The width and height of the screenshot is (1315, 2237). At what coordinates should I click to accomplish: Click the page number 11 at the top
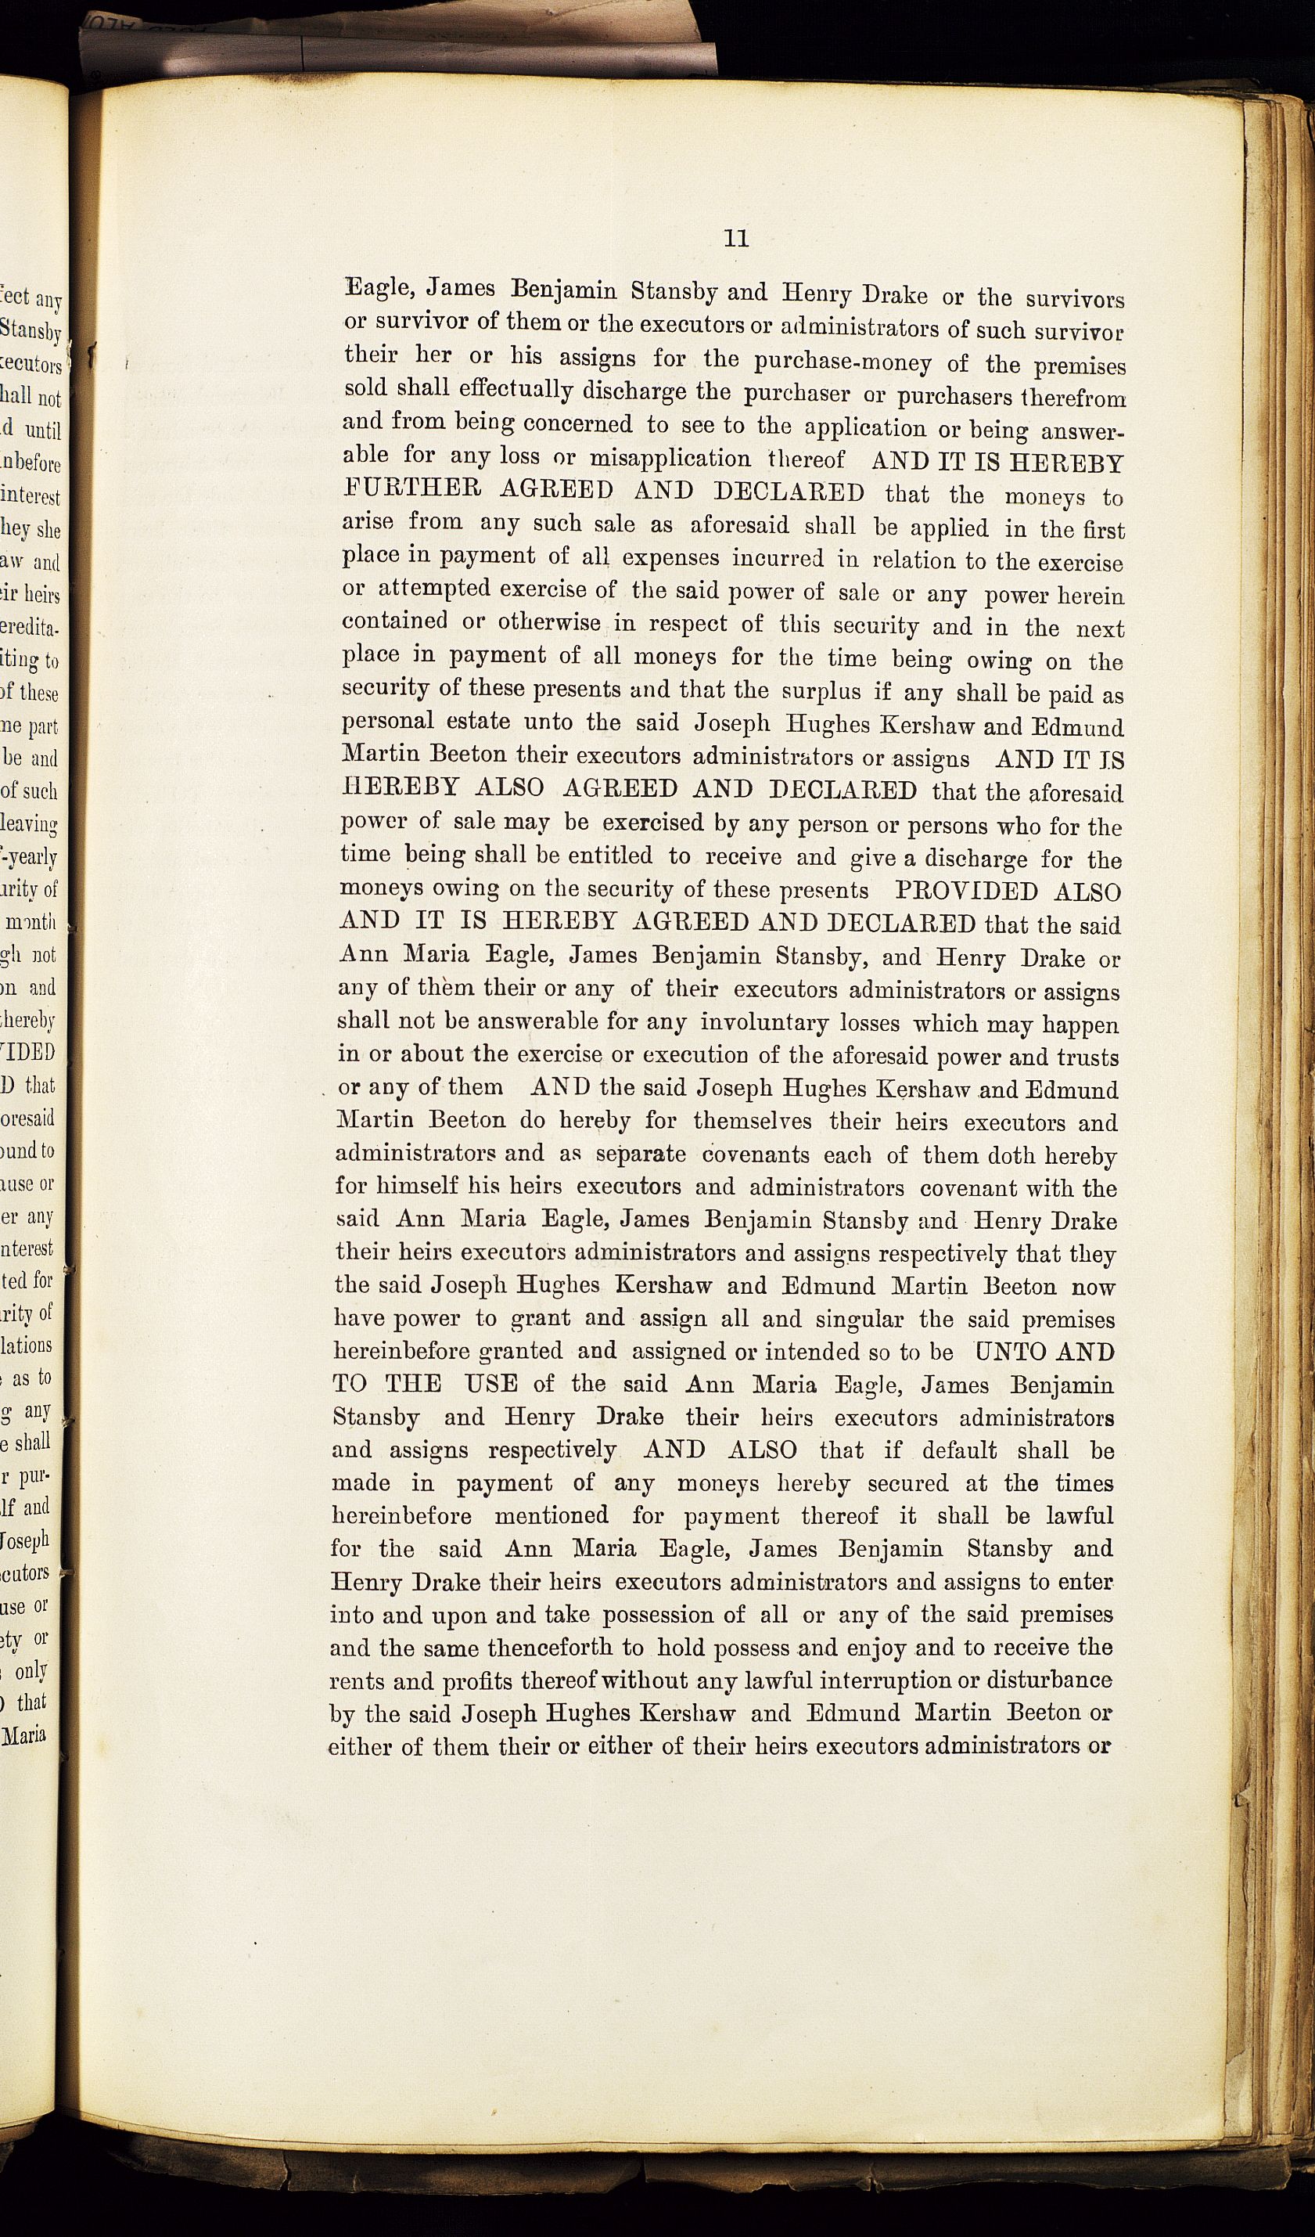coord(736,239)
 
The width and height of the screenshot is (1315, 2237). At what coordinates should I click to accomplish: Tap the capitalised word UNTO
coord(1013,1352)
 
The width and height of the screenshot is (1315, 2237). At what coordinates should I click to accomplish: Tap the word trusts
coord(1088,1057)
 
